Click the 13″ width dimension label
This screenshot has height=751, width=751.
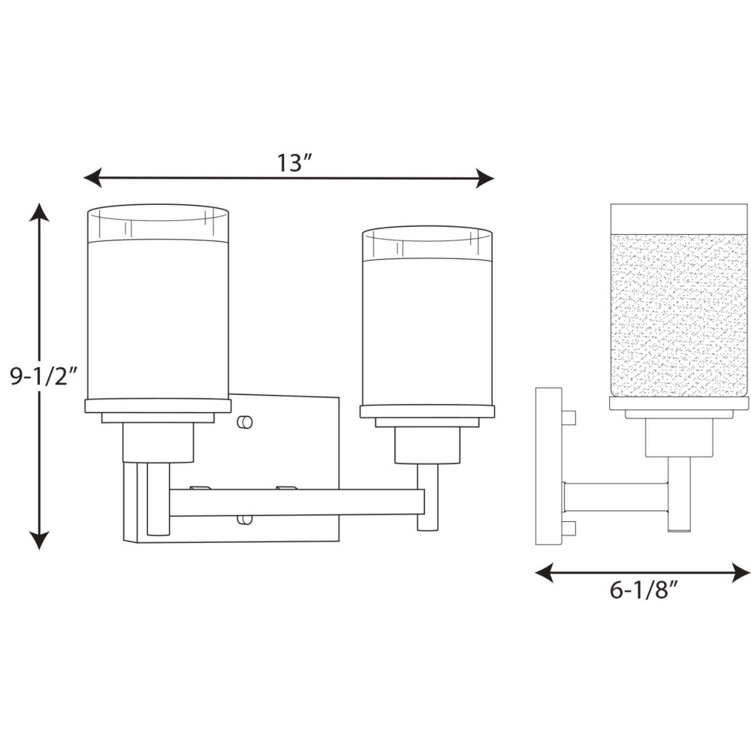294,163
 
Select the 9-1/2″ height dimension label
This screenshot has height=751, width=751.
44,376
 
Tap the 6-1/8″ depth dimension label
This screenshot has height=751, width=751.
644,590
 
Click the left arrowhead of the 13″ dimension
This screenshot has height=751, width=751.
93,178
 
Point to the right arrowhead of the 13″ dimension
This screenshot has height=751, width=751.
484,178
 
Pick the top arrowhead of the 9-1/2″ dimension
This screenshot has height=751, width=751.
39,213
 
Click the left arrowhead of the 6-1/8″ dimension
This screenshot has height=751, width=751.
544,572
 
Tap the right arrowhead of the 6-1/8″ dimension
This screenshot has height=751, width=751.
740,572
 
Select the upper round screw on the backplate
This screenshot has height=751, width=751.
245,422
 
